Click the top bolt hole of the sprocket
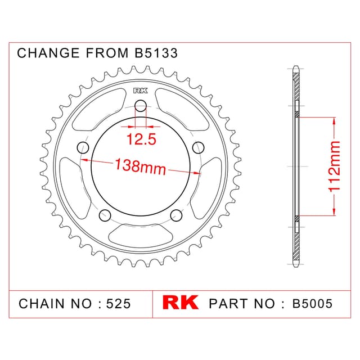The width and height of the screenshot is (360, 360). (x=141, y=106)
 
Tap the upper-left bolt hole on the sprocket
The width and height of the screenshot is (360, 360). (x=83, y=148)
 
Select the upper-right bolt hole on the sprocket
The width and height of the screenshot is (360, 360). (x=199, y=148)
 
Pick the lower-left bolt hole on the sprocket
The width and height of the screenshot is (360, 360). (x=105, y=215)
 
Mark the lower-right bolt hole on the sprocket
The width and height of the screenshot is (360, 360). (x=176, y=215)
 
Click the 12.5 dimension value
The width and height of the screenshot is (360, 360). (x=141, y=139)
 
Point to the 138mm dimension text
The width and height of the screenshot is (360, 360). (x=140, y=167)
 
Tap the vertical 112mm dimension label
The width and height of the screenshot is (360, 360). (x=334, y=166)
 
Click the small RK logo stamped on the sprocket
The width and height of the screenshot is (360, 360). (x=141, y=91)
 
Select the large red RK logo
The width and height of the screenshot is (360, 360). (x=181, y=303)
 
